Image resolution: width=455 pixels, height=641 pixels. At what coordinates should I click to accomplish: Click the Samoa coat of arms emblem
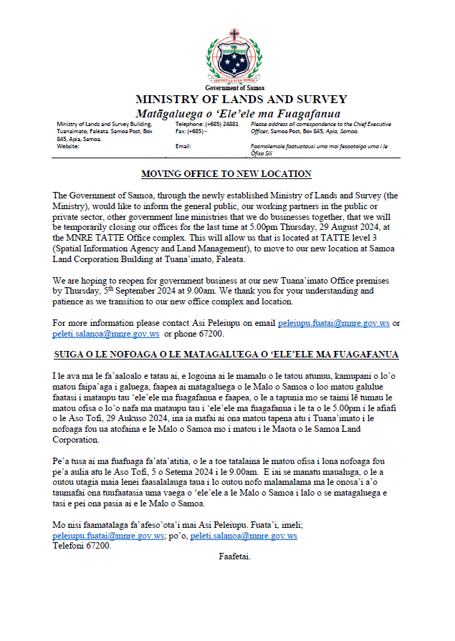234,56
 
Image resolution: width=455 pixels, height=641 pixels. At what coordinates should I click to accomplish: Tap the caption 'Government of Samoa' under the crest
234,87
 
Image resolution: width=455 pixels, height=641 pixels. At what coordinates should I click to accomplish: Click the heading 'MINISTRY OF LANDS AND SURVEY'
241,100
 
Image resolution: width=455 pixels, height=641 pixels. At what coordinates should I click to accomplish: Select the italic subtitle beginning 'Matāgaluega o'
238,113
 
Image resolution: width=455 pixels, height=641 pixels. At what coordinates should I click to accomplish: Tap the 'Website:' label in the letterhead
68,146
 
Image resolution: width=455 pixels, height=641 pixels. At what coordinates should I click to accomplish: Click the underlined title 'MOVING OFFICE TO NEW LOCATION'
226,174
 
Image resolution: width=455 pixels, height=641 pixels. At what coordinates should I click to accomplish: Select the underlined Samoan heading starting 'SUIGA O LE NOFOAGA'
226,355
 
